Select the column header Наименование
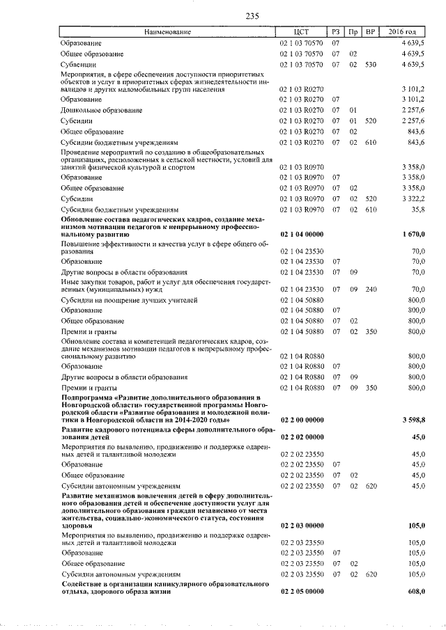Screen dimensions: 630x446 point(167,32)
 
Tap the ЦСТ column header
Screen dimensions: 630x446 point(302,32)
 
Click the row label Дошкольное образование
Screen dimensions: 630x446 point(101,110)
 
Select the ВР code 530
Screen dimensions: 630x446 point(371,65)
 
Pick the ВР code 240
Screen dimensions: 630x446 point(371,289)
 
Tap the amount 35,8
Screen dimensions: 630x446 point(417,210)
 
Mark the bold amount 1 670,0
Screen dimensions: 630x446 point(413,235)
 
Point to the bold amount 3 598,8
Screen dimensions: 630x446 point(413,420)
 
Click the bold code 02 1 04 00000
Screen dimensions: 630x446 point(302,235)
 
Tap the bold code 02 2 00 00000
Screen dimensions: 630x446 point(302,420)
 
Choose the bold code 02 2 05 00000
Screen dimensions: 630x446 point(302,591)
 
